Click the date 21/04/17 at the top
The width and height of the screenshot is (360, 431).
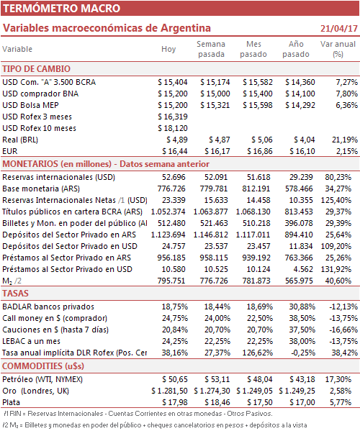[339, 29]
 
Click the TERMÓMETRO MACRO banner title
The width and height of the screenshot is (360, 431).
[62, 8]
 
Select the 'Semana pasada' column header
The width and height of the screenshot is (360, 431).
[211, 49]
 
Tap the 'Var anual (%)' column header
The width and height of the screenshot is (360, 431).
[338, 49]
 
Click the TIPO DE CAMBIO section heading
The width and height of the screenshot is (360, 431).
[36, 69]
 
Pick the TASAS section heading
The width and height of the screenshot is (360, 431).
[15, 294]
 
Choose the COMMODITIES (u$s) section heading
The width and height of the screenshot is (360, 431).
[43, 366]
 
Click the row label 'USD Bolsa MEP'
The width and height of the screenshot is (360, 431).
[30, 105]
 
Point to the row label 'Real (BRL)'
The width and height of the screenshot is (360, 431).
[20, 140]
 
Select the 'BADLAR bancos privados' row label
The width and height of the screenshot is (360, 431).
[48, 307]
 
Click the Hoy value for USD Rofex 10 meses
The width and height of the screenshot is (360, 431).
[173, 128]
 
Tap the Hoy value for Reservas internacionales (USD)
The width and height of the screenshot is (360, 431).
[174, 177]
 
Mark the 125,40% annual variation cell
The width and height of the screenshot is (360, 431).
[336, 200]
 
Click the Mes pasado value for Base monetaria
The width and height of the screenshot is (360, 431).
[256, 189]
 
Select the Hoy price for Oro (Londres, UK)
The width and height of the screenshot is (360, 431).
[169, 391]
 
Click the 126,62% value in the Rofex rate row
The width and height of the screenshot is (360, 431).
[258, 353]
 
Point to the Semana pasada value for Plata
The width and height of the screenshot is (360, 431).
[217, 402]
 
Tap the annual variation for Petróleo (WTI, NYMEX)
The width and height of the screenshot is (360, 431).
[338, 379]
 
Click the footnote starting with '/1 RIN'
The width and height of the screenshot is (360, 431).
[138, 414]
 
